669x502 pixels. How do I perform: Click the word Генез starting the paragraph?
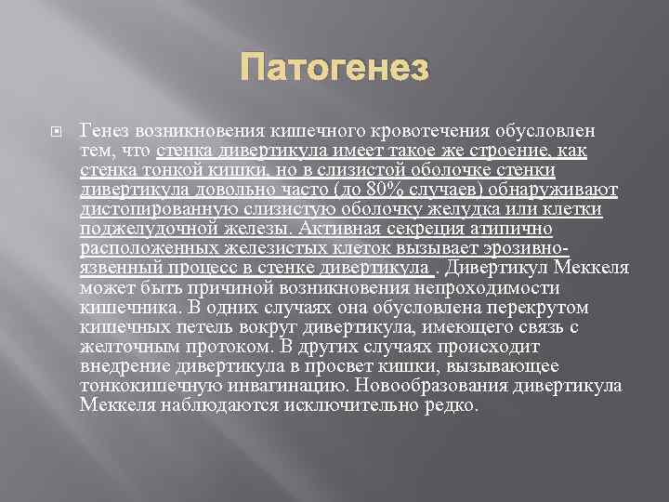pos(104,133)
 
